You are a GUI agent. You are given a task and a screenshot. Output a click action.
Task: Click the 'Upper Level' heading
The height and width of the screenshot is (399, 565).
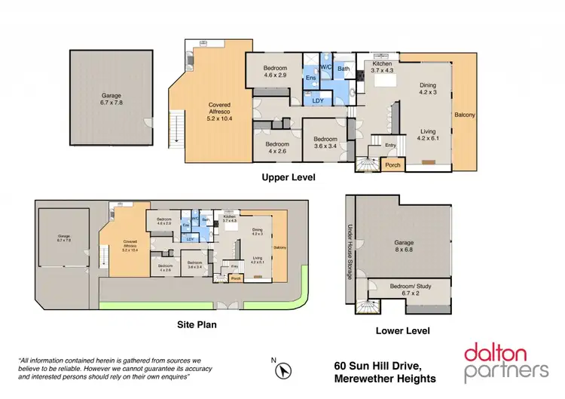(x=288, y=178)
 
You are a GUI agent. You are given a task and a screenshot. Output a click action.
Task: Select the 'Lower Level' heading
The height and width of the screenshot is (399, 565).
(x=402, y=330)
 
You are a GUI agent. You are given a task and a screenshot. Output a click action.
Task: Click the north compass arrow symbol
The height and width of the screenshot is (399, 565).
(x=284, y=371)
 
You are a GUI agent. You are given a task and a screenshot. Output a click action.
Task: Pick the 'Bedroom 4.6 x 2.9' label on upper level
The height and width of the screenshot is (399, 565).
(x=275, y=72)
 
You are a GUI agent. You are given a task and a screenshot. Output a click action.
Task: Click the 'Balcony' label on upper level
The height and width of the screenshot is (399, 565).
(x=465, y=115)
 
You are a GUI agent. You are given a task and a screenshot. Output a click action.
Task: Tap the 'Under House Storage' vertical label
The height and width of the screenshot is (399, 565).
(x=350, y=253)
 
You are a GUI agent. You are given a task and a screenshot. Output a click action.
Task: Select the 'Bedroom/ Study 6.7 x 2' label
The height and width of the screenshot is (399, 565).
(x=411, y=290)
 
